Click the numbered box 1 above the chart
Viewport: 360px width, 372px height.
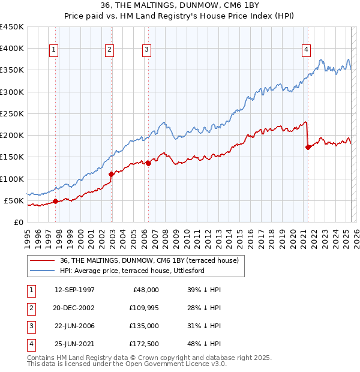click(54, 50)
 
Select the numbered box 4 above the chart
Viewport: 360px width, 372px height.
click(306, 50)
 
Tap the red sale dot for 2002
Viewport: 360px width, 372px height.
click(112, 174)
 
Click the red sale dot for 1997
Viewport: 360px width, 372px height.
click(55, 201)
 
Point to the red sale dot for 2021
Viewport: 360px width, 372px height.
click(308, 147)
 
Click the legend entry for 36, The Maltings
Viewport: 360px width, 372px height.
click(149, 260)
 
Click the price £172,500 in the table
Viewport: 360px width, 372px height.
click(143, 344)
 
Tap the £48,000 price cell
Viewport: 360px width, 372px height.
click(146, 290)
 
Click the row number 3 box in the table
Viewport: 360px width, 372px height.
click(31, 326)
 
